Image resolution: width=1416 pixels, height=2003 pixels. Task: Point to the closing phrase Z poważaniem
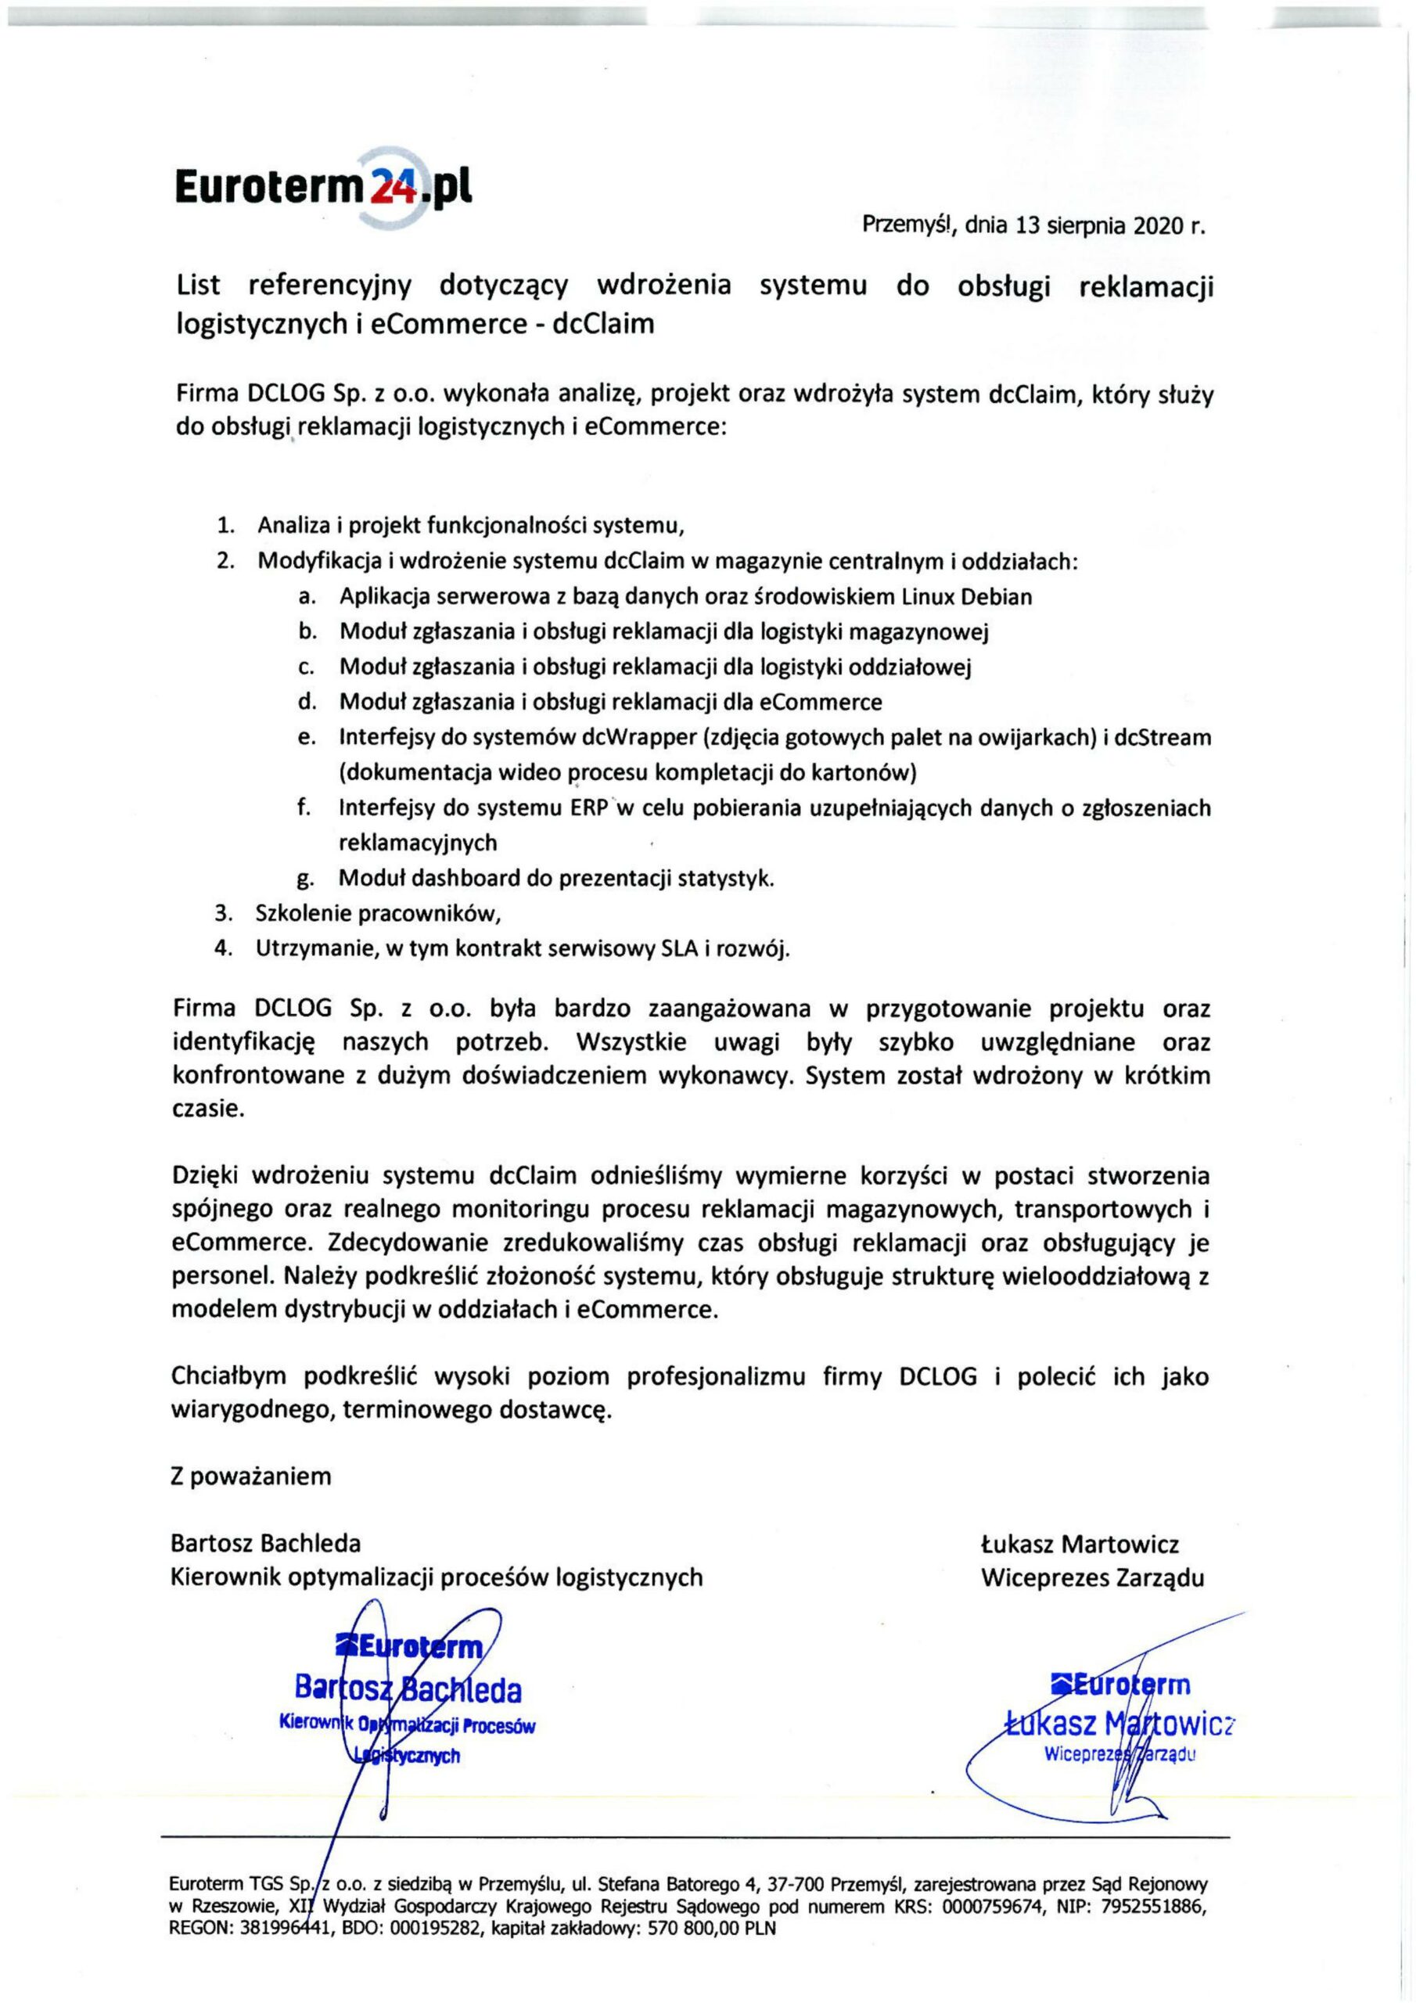251,1476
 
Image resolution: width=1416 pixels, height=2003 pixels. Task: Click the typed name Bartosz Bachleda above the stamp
266,1543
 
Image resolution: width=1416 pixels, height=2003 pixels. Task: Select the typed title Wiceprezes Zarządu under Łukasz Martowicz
1091,1577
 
